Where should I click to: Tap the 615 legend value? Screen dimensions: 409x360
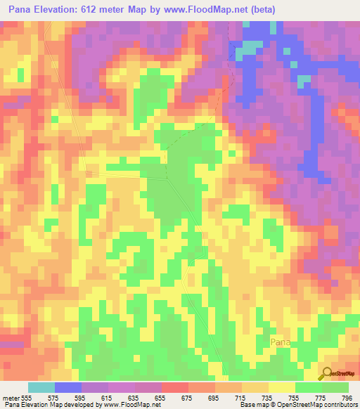[109, 398]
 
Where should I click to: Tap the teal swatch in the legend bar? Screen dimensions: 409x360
[41, 387]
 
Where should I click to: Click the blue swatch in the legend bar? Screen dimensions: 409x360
[68, 387]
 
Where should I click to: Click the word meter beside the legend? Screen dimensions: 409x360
[11, 398]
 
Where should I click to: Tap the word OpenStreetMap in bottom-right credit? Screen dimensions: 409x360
[304, 405]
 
